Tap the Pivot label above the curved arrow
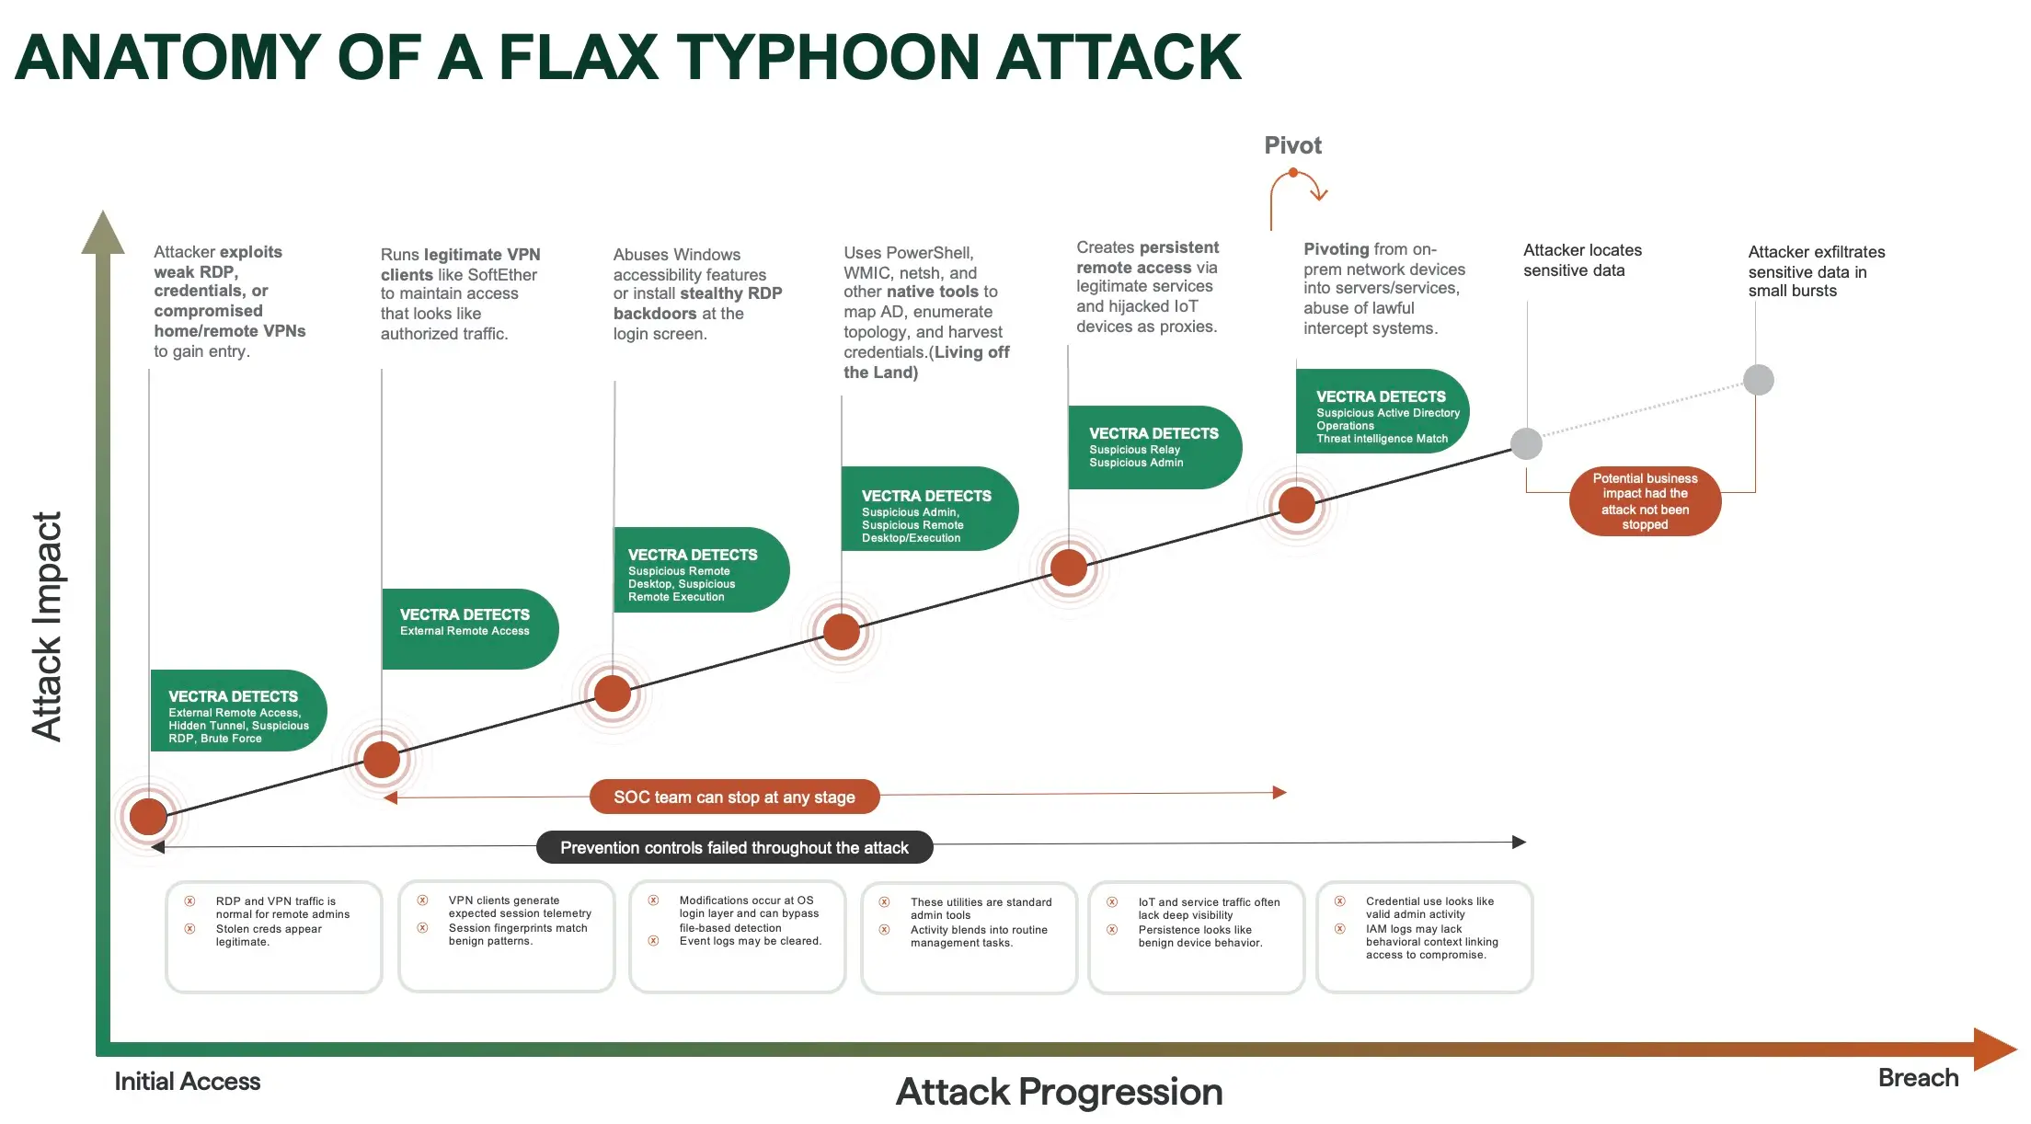(1292, 145)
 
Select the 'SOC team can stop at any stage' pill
(734, 797)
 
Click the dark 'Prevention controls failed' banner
(734, 847)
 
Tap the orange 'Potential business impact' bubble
(1645, 501)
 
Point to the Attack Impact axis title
(47, 625)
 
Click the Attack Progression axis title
(1059, 1092)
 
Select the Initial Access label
(187, 1081)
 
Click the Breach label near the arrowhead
(1918, 1077)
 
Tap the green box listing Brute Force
(237, 711)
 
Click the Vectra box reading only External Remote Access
(468, 628)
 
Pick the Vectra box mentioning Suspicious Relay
(1153, 447)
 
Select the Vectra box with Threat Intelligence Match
(1381, 411)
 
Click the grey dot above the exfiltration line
(1758, 380)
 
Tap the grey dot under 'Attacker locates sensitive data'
(1526, 443)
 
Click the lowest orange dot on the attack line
(148, 816)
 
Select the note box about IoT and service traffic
(1196, 936)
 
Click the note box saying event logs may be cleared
(737, 936)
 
